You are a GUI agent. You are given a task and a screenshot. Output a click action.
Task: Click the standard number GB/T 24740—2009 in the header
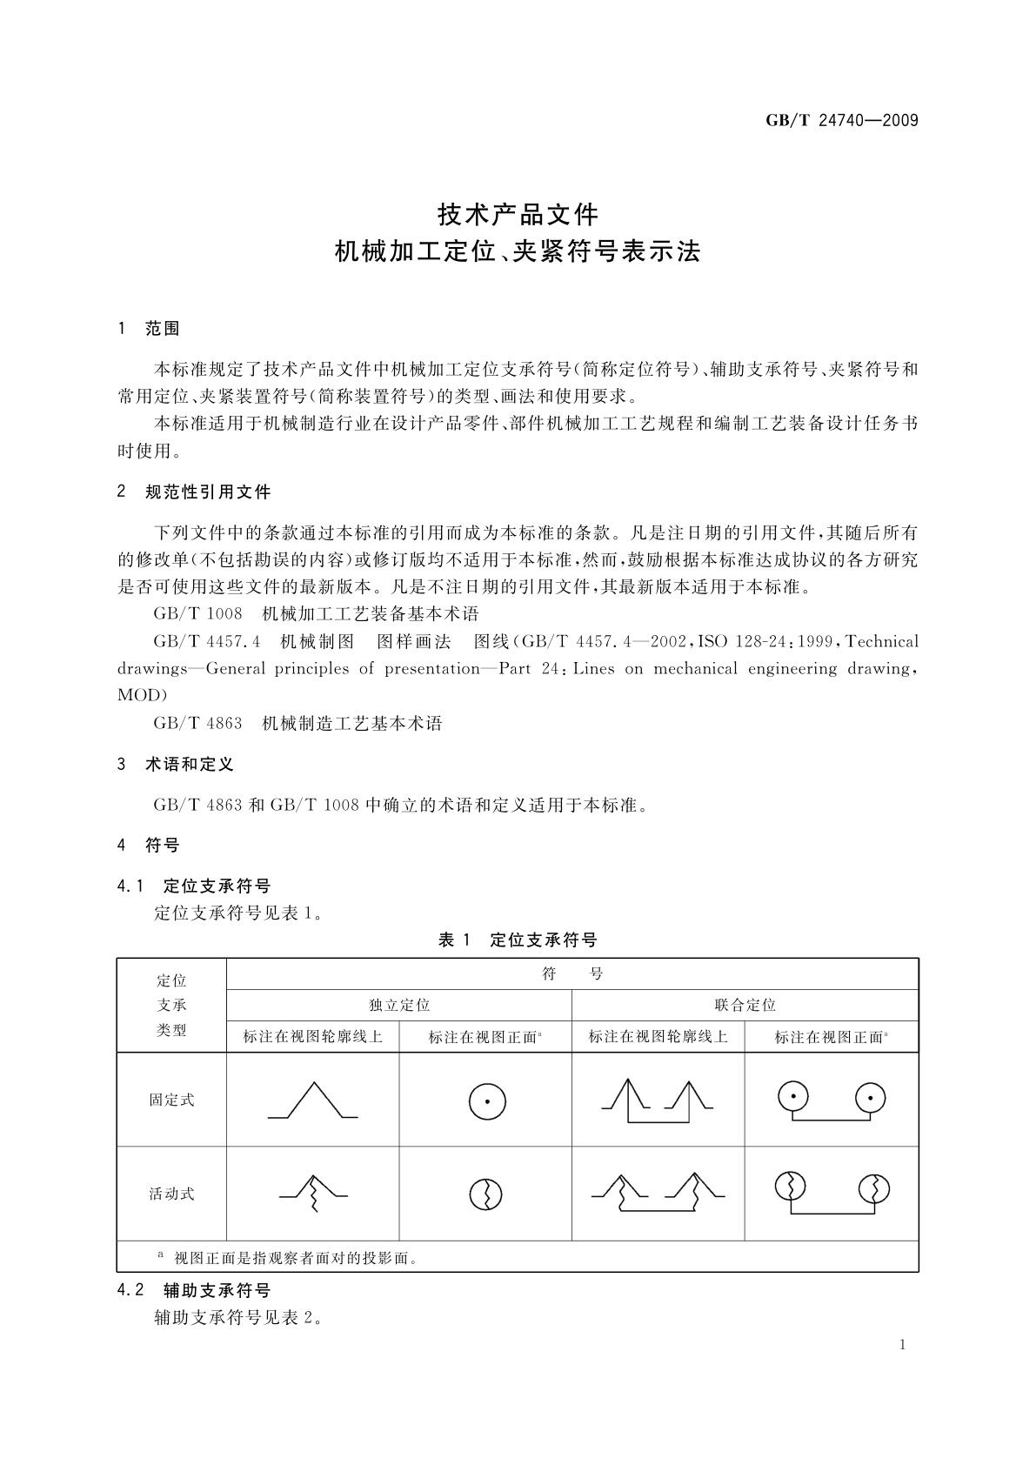[841, 121]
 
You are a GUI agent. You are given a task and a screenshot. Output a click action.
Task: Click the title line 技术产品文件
[518, 213]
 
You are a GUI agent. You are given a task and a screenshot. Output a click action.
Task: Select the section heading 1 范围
[149, 329]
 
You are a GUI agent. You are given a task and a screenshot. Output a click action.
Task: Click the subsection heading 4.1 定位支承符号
[194, 886]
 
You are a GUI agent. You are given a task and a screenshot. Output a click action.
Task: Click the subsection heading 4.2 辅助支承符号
[194, 1290]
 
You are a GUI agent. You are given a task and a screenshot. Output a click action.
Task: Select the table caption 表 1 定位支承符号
[518, 940]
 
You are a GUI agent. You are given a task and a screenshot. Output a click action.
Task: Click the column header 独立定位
[399, 1006]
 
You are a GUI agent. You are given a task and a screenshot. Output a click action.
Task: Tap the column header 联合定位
[745, 1006]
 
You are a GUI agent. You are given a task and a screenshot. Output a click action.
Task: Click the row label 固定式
[171, 1100]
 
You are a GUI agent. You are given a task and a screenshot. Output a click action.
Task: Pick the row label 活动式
[171, 1194]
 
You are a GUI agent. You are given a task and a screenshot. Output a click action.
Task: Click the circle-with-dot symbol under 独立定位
[487, 1102]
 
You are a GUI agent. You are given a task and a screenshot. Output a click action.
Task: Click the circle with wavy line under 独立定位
[485, 1194]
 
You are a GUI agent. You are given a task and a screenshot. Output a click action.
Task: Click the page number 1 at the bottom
[902, 1345]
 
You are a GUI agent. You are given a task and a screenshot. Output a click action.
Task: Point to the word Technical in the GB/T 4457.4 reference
[881, 642]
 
